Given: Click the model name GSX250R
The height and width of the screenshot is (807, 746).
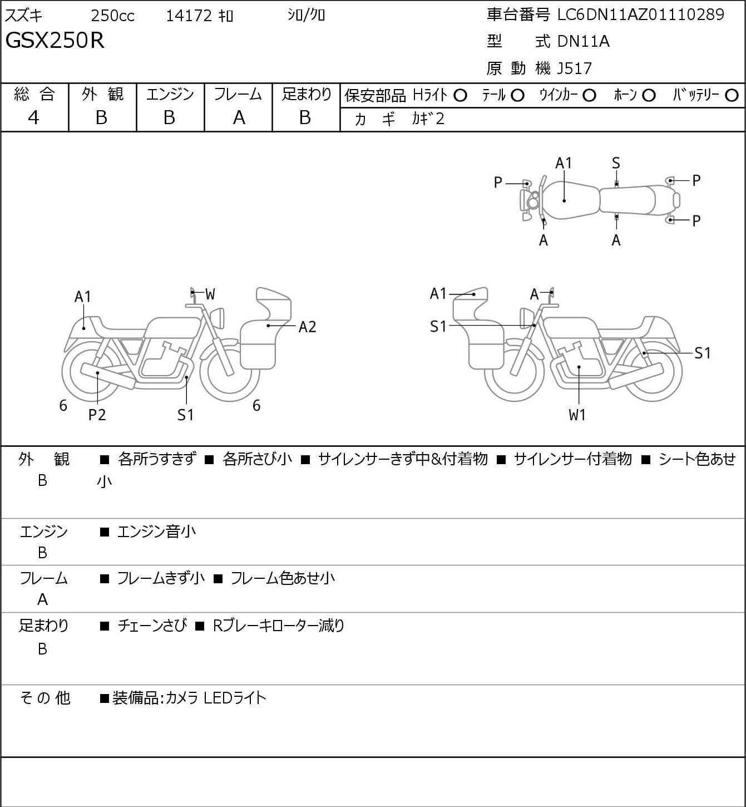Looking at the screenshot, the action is (55, 41).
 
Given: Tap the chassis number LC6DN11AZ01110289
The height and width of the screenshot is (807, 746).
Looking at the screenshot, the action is (640, 14).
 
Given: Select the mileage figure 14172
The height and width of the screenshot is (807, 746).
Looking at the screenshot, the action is (189, 16).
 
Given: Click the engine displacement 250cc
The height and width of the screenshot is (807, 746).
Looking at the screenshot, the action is (112, 16).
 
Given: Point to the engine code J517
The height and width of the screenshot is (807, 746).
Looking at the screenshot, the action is (574, 68).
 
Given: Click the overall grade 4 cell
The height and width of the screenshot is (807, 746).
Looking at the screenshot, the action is (33, 118).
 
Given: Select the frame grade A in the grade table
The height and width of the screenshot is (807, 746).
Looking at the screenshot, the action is (239, 118).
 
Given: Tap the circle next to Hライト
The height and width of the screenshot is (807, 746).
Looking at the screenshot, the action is (460, 96).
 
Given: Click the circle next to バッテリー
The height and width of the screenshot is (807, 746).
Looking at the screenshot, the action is (732, 96).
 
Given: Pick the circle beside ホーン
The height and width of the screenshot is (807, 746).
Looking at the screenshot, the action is (649, 96).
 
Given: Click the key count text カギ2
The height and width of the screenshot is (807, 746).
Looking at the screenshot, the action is (428, 119).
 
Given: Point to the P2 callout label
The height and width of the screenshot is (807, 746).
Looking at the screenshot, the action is (97, 415).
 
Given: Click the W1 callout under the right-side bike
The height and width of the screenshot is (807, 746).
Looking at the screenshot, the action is (577, 415).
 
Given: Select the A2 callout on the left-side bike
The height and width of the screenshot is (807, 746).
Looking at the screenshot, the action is (307, 327).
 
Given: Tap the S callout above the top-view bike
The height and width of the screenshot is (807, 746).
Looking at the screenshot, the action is (616, 164).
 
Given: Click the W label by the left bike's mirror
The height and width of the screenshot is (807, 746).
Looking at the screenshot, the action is (210, 294).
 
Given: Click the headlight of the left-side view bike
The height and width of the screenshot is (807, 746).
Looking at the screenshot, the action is (218, 318).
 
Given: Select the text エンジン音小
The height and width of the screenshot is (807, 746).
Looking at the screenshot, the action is (156, 532).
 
